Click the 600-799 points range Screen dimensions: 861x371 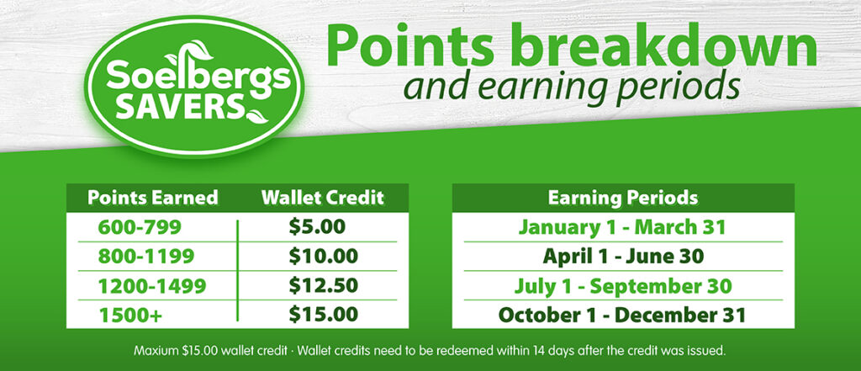tap(139, 227)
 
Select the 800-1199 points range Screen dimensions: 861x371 tap(146, 257)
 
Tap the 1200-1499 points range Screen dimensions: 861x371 tap(152, 286)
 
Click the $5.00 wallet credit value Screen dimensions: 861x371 tap(317, 226)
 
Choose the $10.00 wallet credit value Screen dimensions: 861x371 tap(324, 256)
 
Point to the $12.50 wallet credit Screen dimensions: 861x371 tap(324, 285)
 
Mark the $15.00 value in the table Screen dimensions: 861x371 tap(324, 315)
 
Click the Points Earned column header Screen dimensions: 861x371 tap(153, 198)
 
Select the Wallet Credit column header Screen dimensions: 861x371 tap(323, 198)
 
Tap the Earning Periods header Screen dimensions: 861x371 tap(623, 199)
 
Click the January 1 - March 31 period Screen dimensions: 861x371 tap(623, 227)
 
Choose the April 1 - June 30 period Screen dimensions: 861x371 tap(623, 257)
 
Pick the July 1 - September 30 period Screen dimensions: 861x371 tap(623, 286)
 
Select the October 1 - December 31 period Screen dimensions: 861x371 tap(622, 315)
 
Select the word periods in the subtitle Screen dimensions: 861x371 tap(677, 88)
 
